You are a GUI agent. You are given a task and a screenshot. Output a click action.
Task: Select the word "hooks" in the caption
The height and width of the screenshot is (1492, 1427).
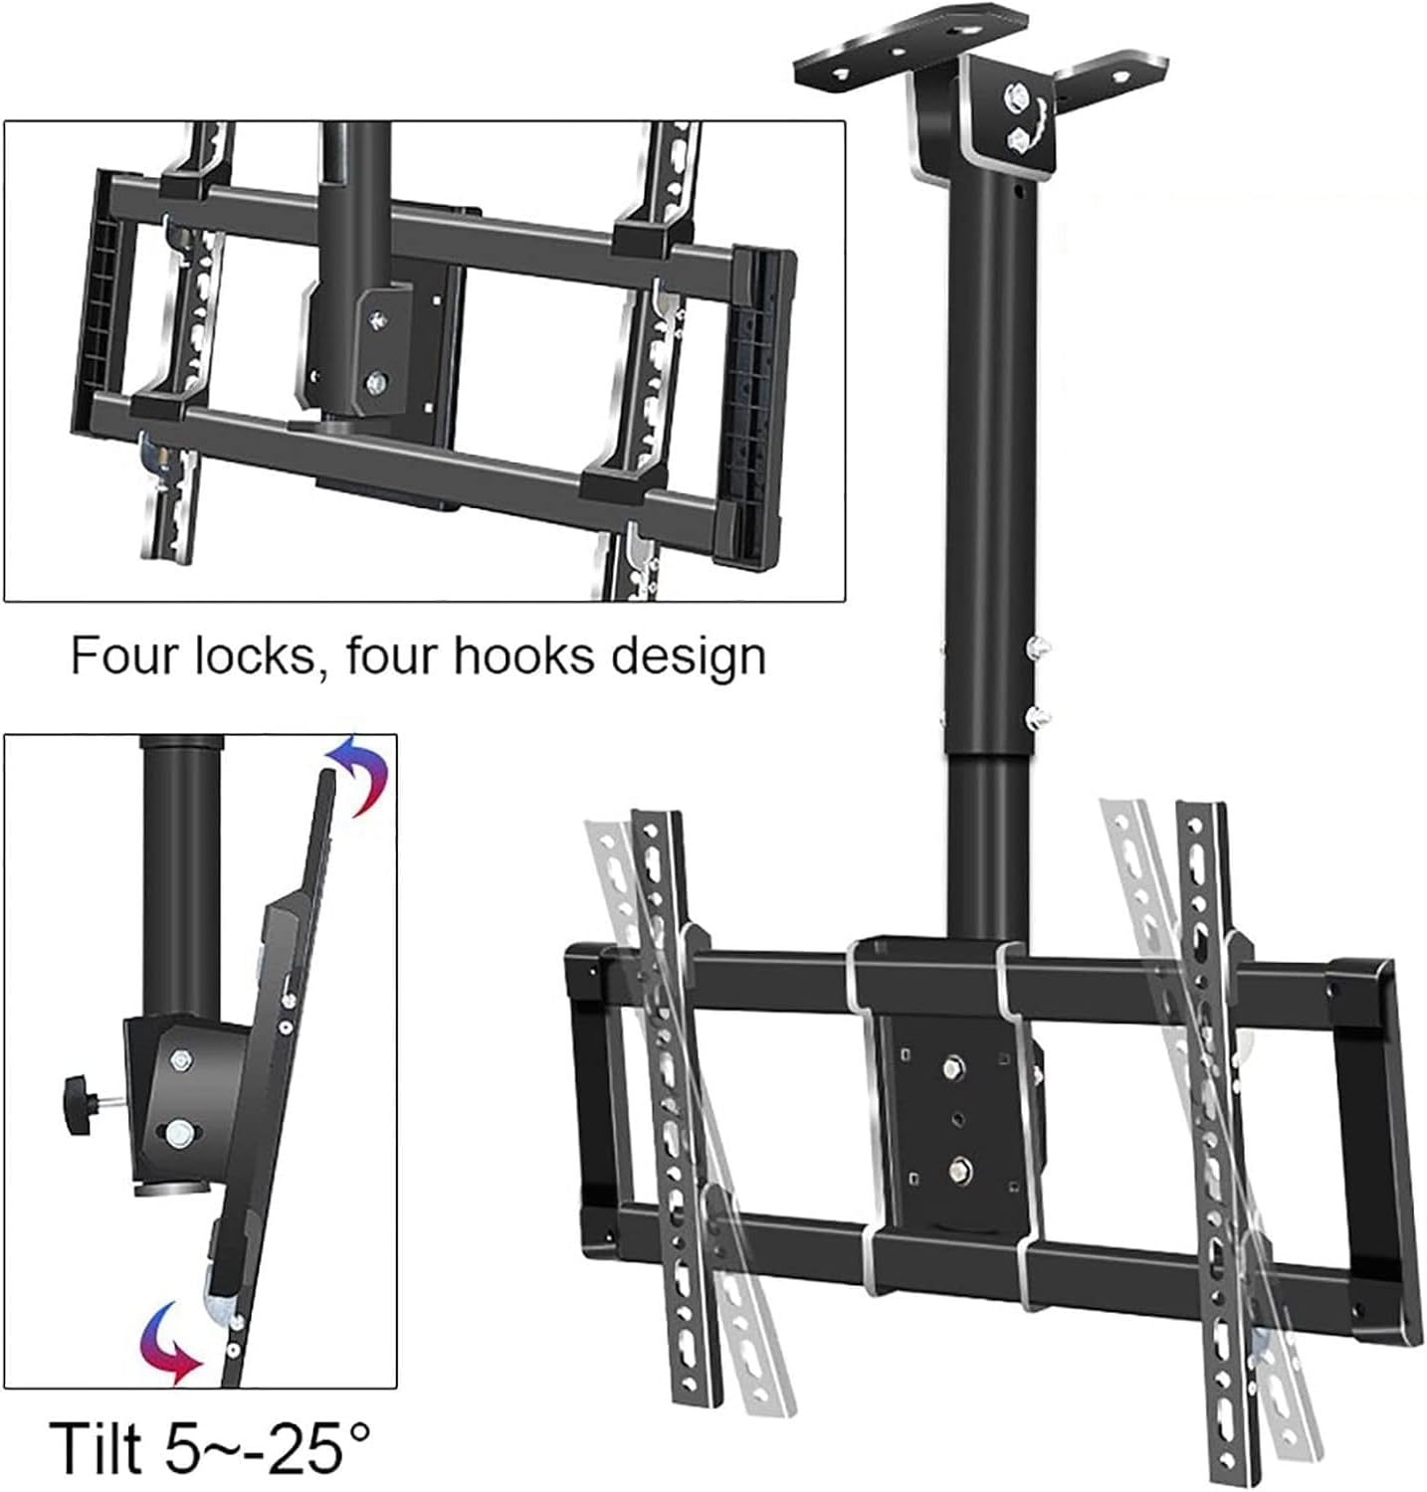coord(518,656)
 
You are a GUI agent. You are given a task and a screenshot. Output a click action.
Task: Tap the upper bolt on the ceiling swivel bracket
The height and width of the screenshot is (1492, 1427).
coord(1020,98)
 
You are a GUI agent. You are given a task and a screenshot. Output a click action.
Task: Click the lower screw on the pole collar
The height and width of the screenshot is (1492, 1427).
coord(1038,713)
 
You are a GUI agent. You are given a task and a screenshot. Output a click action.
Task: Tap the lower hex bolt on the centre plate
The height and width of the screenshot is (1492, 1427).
coord(959,1166)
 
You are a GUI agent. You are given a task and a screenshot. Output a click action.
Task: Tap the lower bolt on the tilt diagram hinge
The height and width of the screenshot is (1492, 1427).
coord(180,1131)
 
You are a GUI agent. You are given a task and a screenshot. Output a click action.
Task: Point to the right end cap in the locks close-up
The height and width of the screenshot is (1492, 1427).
coord(764,408)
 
